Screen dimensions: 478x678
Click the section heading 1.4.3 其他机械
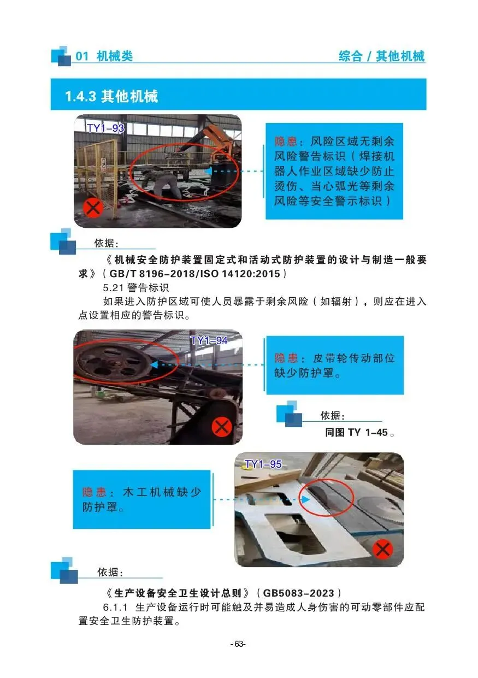tap(111, 96)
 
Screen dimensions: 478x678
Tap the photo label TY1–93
tap(105, 128)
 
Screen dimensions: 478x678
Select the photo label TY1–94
tap(209, 340)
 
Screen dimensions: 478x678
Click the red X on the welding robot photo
tap(93, 209)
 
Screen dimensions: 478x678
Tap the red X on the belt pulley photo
tap(222, 427)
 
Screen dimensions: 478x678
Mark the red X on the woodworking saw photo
tap(382, 549)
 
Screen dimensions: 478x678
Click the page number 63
tap(238, 644)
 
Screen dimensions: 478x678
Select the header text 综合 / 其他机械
tap(382, 56)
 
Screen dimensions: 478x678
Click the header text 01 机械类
tap(104, 56)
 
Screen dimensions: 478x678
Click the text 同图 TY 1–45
tap(359, 432)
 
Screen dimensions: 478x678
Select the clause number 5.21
tap(113, 287)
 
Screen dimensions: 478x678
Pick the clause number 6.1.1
tap(115, 607)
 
